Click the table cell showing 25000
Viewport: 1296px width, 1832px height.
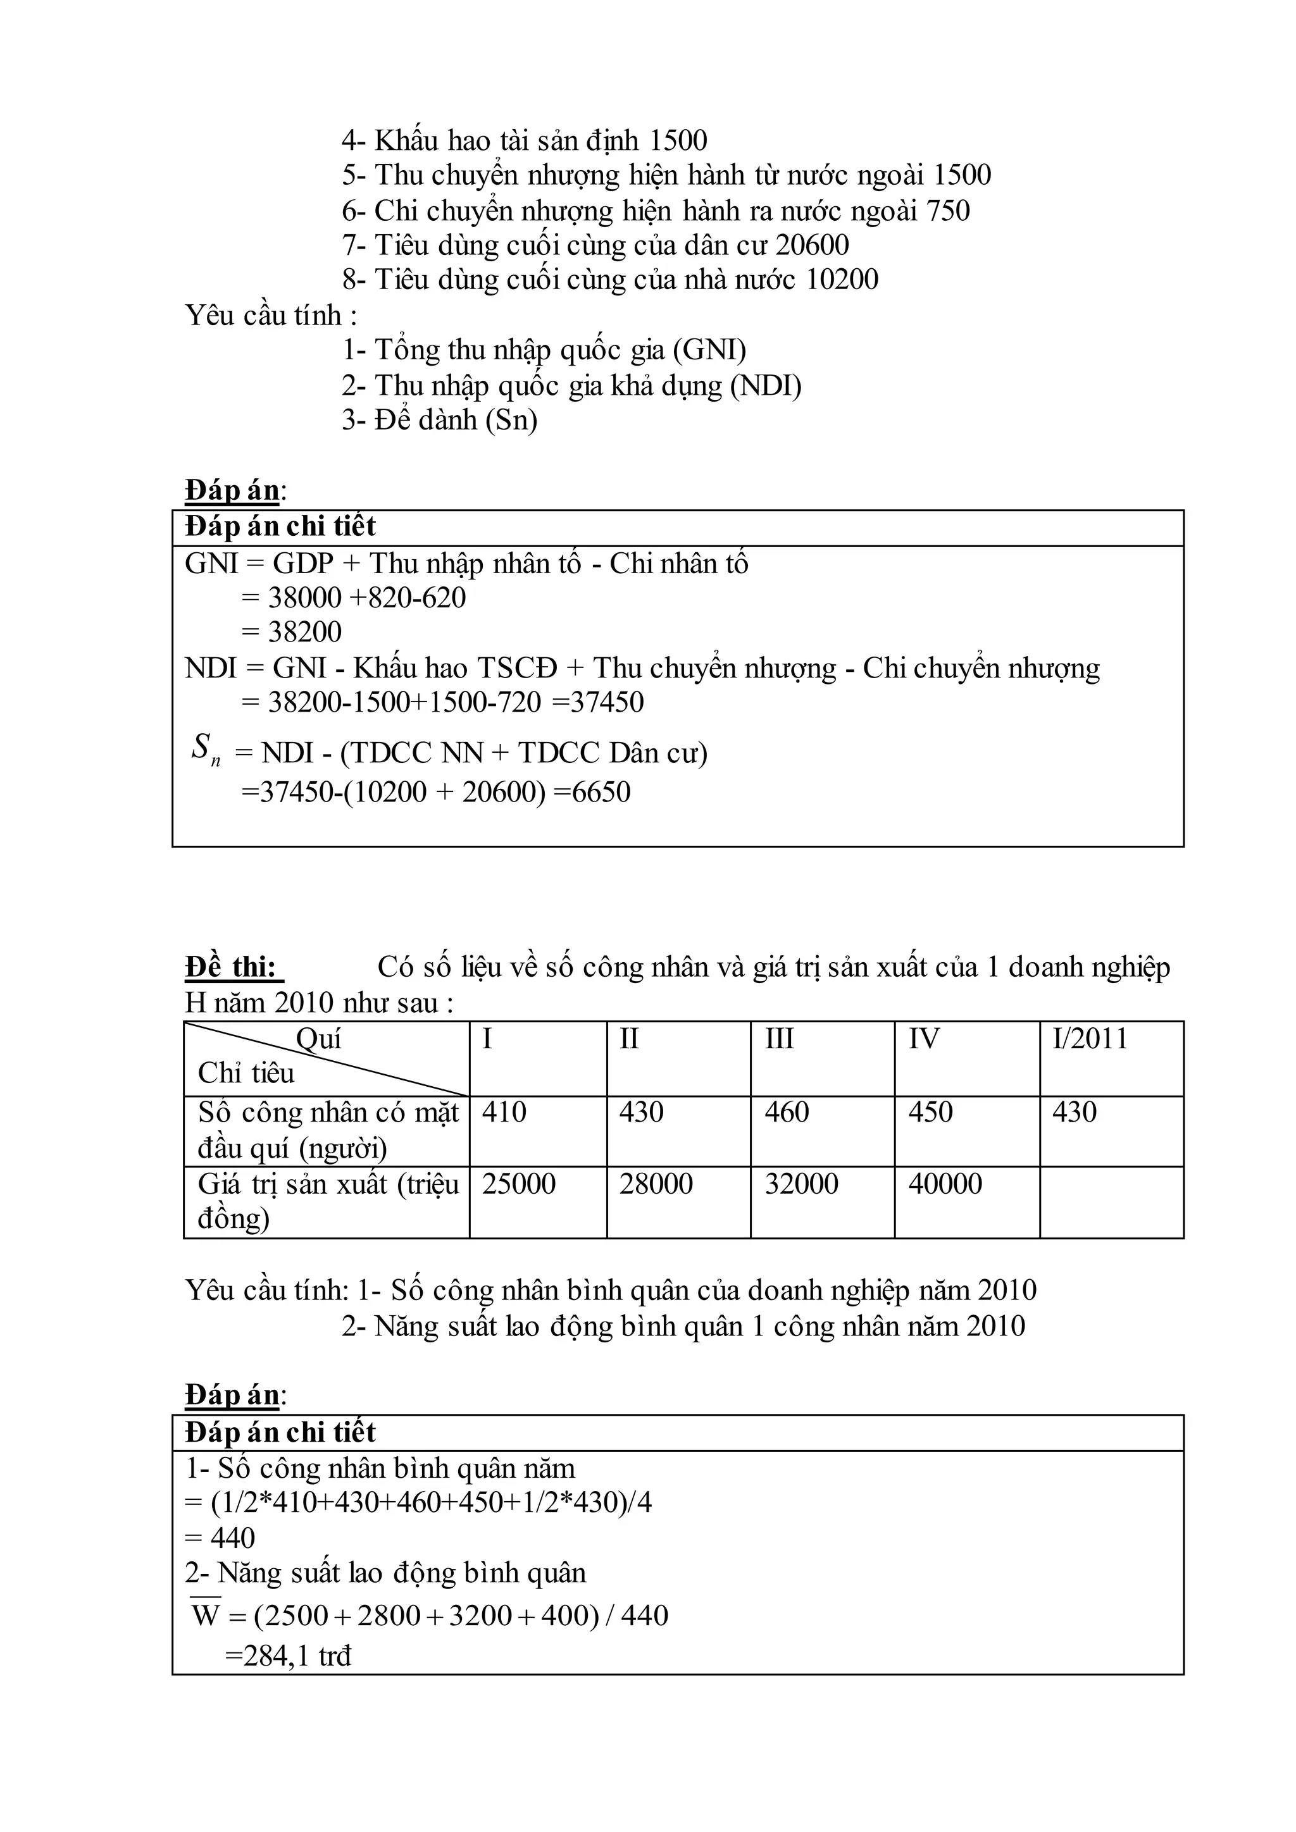pyautogui.click(x=519, y=1184)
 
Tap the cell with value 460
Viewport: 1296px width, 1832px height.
pyautogui.click(x=787, y=1111)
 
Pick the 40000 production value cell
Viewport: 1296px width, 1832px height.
pyautogui.click(x=945, y=1184)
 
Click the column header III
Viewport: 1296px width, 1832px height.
pyautogui.click(x=779, y=1039)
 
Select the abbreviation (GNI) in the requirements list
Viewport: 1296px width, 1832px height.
pyautogui.click(x=709, y=349)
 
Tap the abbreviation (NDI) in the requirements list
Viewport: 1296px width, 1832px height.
pyautogui.click(x=765, y=385)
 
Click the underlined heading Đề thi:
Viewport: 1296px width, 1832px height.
pyautogui.click(x=232, y=967)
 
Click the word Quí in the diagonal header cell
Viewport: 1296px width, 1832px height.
pyautogui.click(x=318, y=1039)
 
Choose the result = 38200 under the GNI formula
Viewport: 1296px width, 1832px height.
pyautogui.click(x=292, y=632)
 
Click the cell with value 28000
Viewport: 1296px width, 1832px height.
pyautogui.click(x=656, y=1184)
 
